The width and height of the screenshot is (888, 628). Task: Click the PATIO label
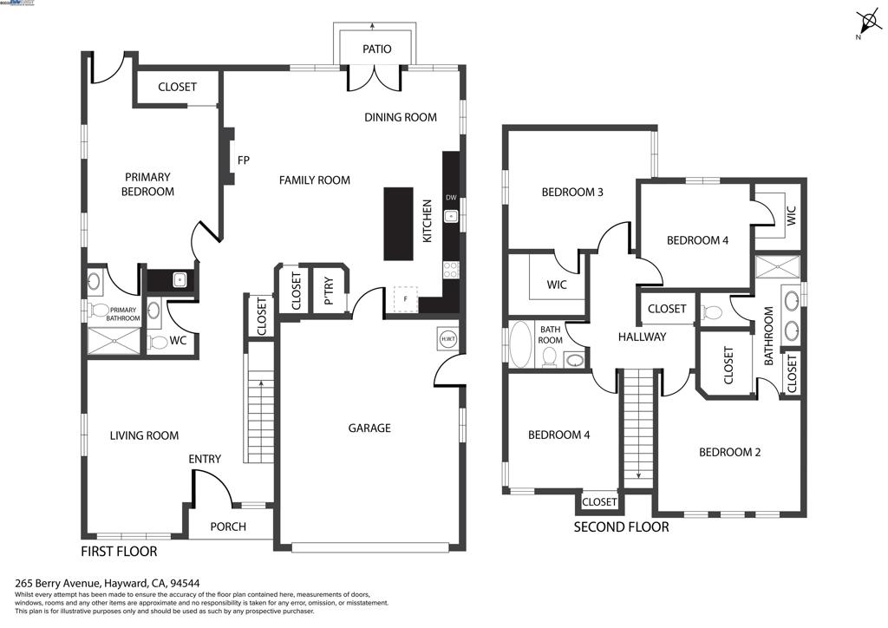click(376, 49)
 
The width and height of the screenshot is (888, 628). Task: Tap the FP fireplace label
click(244, 160)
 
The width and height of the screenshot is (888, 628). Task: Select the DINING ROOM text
click(400, 117)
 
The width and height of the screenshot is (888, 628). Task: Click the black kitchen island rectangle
click(400, 223)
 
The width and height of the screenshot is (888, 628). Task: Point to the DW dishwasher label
click(451, 198)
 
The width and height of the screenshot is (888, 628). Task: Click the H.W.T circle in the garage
click(448, 339)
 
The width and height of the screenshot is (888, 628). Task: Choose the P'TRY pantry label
click(330, 292)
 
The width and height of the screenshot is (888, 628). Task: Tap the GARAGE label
click(369, 428)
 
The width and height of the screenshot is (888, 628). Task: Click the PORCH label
click(228, 527)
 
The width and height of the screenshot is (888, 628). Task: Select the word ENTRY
click(205, 459)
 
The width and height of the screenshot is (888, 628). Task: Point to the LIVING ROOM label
click(144, 435)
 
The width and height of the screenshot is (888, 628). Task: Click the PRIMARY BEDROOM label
click(147, 185)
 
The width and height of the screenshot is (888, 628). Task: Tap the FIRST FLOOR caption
click(119, 551)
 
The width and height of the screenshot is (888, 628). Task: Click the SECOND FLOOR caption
click(621, 527)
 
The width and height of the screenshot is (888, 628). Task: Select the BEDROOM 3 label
click(572, 193)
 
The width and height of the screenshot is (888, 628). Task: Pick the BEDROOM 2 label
click(729, 452)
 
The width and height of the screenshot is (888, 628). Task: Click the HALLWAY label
click(642, 337)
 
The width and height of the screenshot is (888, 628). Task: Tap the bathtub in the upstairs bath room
click(520, 344)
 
